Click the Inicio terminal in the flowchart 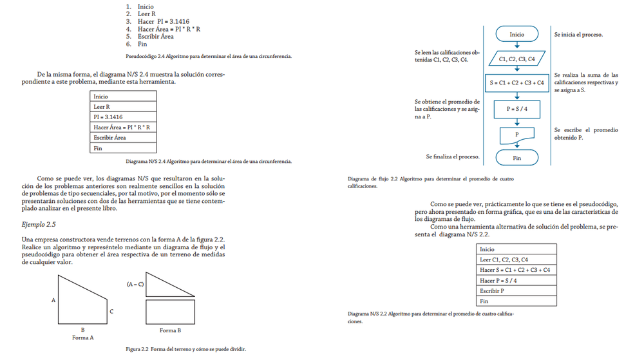pyautogui.click(x=516, y=34)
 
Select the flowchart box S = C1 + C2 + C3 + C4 pyautogui.click(x=517, y=82)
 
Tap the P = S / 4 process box pyautogui.click(x=517, y=109)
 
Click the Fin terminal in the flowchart pyautogui.click(x=516, y=157)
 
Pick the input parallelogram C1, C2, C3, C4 pyautogui.click(x=517, y=59)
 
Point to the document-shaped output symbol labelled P pyautogui.click(x=517, y=134)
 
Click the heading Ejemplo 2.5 pyautogui.click(x=39, y=224)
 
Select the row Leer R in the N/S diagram pyautogui.click(x=124, y=106)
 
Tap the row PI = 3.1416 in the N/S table pyautogui.click(x=124, y=117)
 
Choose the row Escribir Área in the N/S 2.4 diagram pyautogui.click(x=124, y=137)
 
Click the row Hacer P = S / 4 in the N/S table pyautogui.click(x=516, y=280)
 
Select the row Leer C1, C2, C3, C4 pyautogui.click(x=516, y=260)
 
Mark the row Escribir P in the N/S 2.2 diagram pyautogui.click(x=516, y=290)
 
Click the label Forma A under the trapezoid pyautogui.click(x=83, y=337)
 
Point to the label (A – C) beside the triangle pyautogui.click(x=135, y=283)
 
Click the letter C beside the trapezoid pyautogui.click(x=111, y=312)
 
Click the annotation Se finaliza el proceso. pyautogui.click(x=453, y=156)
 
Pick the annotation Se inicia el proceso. pyautogui.click(x=583, y=34)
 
